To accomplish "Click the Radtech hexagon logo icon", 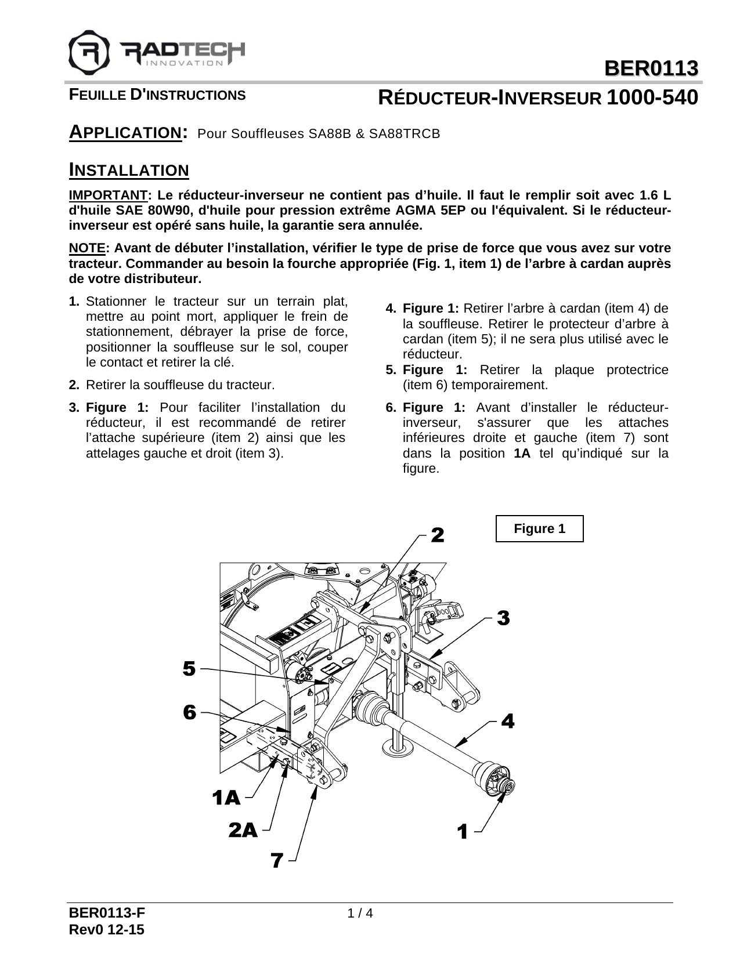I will tap(89, 51).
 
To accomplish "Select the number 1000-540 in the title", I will tap(651, 97).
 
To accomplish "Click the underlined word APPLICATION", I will tap(124, 132).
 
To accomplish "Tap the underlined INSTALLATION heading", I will tap(129, 171).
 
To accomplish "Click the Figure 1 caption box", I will tap(539, 528).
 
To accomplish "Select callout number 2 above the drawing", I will tap(437, 535).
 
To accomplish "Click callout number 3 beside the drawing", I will tap(503, 618).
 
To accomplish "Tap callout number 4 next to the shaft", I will tap(507, 722).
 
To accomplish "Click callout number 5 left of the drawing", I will tap(189, 668).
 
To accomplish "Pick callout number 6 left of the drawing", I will tap(189, 712).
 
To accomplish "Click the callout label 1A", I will tap(226, 798).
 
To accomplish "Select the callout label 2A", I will tap(243, 831).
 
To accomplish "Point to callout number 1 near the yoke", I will tap(462, 832).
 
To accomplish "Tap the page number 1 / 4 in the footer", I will tap(360, 913).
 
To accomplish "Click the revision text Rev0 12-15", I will tap(107, 930).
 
